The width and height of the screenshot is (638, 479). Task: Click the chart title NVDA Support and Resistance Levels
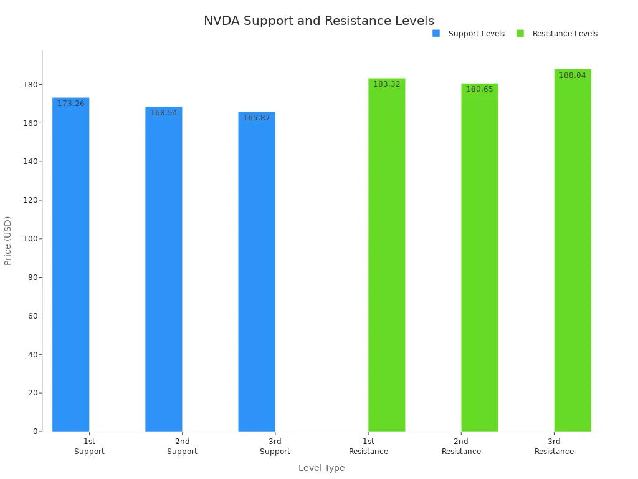pyautogui.click(x=318, y=21)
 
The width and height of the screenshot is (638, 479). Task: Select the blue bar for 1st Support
pyautogui.click(x=70, y=268)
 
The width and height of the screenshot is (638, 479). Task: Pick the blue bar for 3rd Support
pyautogui.click(x=256, y=274)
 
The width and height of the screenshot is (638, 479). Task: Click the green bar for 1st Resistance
pyautogui.click(x=386, y=256)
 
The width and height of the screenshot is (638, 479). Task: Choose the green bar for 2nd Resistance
pyautogui.click(x=479, y=259)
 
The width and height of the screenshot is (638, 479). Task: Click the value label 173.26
pyautogui.click(x=70, y=104)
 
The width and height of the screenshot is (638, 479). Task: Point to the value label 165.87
pyautogui.click(x=256, y=118)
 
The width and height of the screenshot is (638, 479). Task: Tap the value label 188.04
pyautogui.click(x=572, y=75)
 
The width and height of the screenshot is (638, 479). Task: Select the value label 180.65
pyautogui.click(x=479, y=89)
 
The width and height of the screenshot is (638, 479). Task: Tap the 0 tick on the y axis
pyautogui.click(x=36, y=432)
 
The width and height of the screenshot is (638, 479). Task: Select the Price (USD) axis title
pyautogui.click(x=8, y=241)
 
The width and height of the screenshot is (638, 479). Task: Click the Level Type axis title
pyautogui.click(x=321, y=468)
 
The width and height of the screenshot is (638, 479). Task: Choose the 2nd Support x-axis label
pyautogui.click(x=182, y=447)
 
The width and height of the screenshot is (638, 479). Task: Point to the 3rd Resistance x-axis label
pyautogui.click(x=554, y=447)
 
